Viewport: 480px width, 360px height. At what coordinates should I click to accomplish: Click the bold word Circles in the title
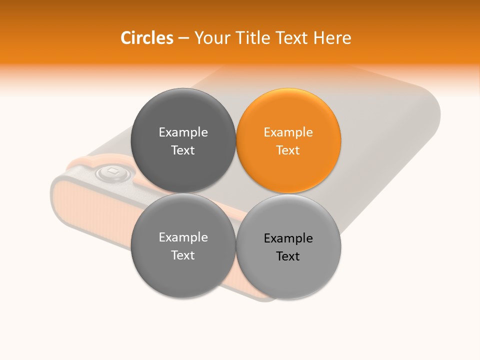click(x=146, y=38)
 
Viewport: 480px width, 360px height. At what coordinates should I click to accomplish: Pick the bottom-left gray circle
click(x=183, y=270)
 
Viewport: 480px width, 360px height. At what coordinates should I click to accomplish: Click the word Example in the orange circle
click(x=288, y=132)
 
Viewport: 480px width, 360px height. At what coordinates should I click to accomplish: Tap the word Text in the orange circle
click(x=288, y=150)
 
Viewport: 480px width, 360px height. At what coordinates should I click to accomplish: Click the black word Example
click(x=288, y=238)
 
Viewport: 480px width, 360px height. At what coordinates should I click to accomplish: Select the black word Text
click(x=288, y=256)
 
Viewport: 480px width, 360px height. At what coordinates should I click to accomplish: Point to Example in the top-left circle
click(x=183, y=132)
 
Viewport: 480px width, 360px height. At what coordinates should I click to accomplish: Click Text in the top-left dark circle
click(x=183, y=150)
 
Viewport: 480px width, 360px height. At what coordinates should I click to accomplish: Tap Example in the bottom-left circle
click(x=183, y=237)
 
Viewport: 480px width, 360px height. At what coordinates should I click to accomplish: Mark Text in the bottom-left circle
click(x=183, y=255)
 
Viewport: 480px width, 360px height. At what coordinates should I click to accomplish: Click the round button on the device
click(x=113, y=173)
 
